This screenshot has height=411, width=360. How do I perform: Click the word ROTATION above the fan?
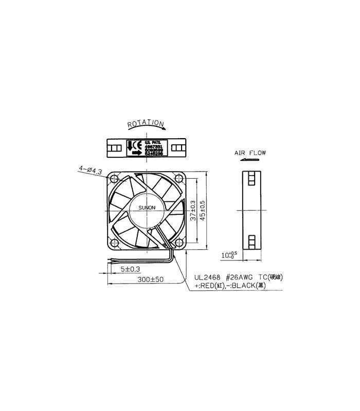pos(146,124)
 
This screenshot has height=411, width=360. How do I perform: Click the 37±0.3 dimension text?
pos(192,211)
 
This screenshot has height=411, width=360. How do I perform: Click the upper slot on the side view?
pos(251,178)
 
